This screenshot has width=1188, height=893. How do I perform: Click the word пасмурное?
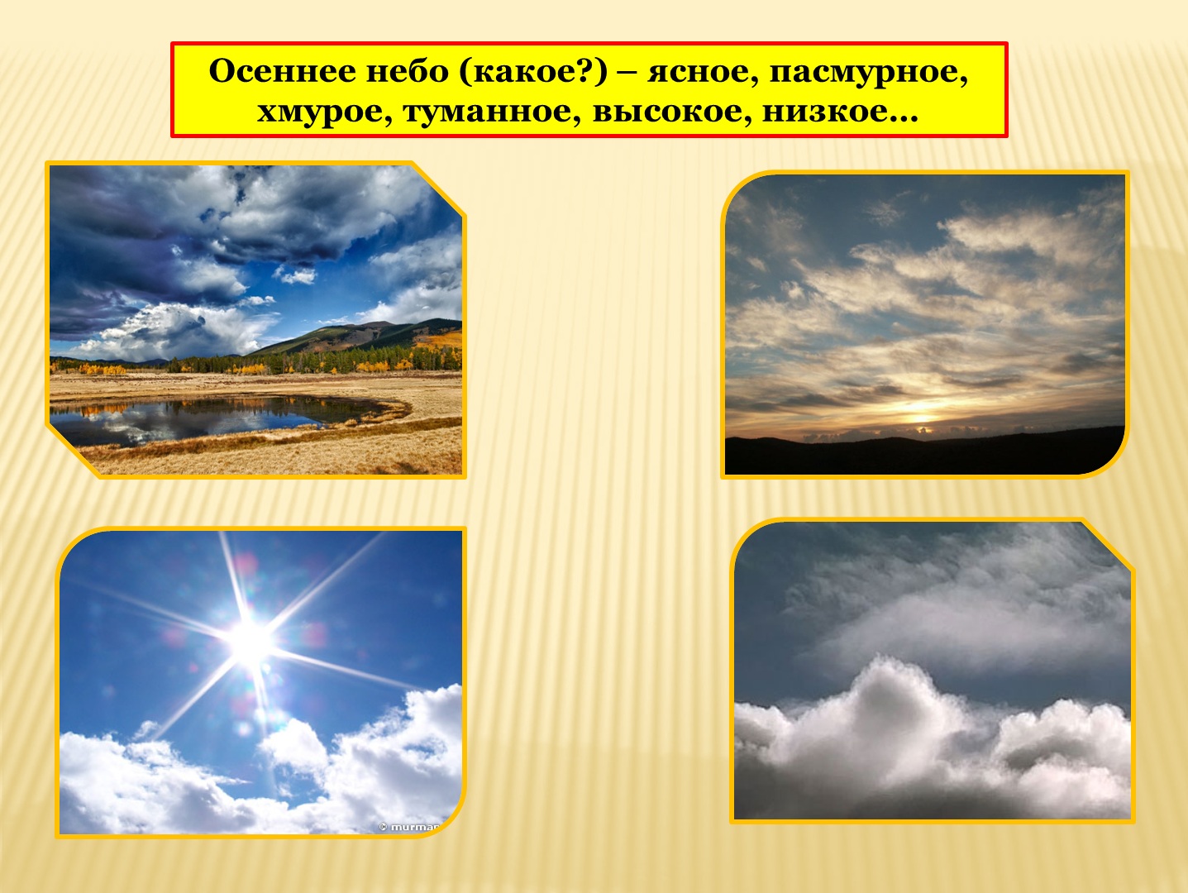coord(868,72)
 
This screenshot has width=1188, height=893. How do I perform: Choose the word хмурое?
coord(324,111)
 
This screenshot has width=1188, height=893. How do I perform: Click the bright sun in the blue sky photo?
coord(250,641)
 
